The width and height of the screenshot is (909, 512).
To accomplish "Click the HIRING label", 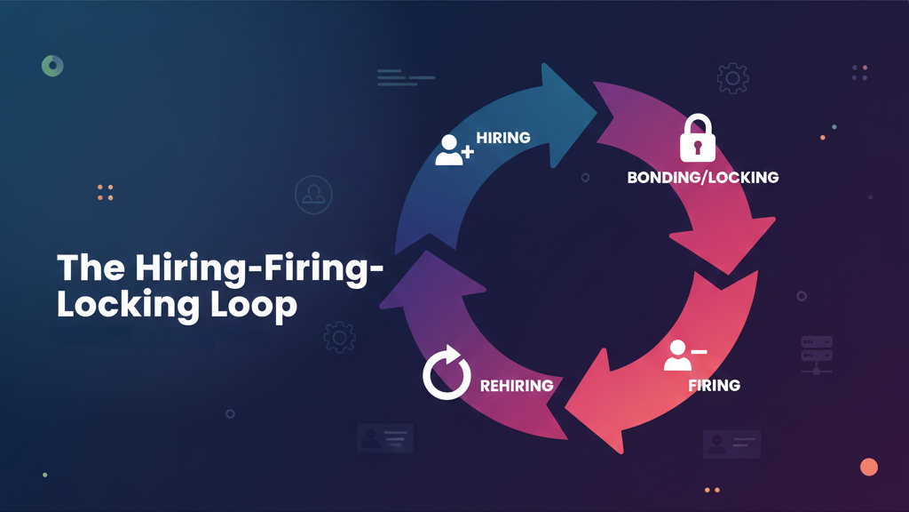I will click(x=503, y=138).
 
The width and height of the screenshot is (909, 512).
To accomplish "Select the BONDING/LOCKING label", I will click(x=702, y=178).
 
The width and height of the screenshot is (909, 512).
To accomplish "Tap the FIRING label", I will click(x=714, y=385).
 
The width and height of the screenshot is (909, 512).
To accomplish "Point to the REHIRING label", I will click(x=516, y=385).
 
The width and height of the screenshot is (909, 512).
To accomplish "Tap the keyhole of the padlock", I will click(x=697, y=144).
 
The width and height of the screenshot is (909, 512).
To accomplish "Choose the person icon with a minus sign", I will click(x=684, y=355).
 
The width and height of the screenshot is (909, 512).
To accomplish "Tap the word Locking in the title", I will click(x=130, y=305).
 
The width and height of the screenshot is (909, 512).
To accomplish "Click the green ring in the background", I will click(x=52, y=65).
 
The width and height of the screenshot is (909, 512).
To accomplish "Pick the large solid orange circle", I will click(x=869, y=467).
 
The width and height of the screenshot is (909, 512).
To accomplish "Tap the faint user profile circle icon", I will click(x=312, y=195).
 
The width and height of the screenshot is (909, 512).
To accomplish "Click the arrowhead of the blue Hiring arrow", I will click(x=571, y=97).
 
